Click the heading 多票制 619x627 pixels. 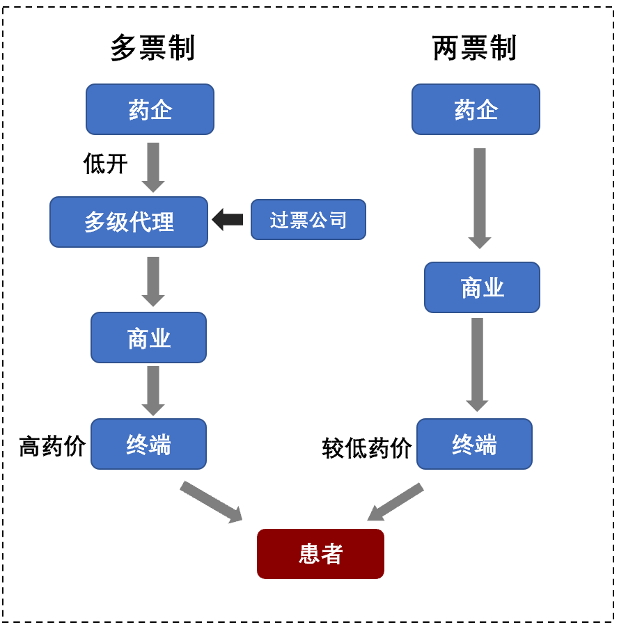[152, 49]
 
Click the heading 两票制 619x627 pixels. [474, 49]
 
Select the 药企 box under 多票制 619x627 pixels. [150, 109]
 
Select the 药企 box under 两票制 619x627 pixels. [476, 109]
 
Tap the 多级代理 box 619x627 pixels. [129, 222]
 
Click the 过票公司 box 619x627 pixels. [308, 220]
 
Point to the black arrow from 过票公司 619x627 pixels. [228, 219]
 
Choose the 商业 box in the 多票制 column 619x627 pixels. [148, 338]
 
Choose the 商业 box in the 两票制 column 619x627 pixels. [482, 287]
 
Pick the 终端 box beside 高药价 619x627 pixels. [148, 444]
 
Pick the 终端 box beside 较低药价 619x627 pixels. [474, 444]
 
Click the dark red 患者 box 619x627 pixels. [320, 554]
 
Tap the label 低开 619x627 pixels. [106, 164]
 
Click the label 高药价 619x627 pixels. [52, 446]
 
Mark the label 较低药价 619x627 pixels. [367, 448]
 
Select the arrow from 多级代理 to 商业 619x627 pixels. [153, 280]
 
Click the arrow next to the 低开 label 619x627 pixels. [153, 167]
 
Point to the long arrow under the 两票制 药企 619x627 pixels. [480, 198]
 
